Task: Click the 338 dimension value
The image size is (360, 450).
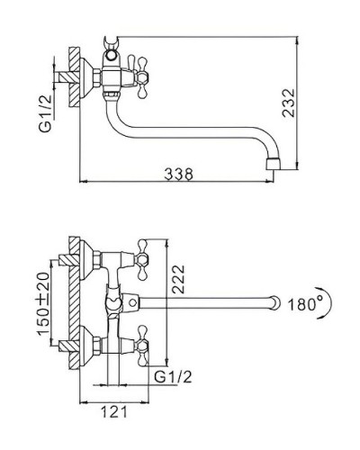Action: point(179,174)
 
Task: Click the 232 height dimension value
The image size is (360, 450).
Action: point(289,103)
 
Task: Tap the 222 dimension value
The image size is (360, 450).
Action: point(178,279)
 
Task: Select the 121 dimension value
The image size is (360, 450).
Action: point(114,411)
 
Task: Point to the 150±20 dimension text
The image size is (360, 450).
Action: point(43,303)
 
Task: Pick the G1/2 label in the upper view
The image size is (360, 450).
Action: point(46,113)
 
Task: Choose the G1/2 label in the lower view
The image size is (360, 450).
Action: point(173,376)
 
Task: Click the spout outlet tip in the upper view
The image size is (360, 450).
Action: point(274,164)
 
